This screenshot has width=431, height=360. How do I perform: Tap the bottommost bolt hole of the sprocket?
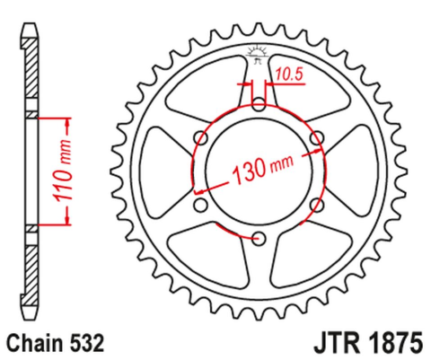(259, 238)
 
